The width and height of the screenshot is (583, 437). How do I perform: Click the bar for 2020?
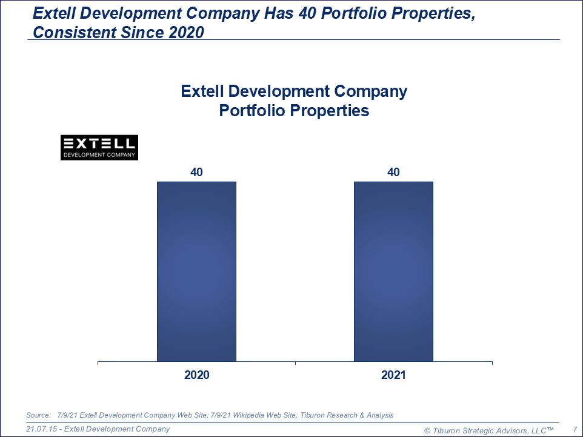point(196,271)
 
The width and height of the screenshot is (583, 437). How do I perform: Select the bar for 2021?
point(393,271)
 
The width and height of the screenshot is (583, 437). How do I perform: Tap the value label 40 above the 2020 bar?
point(196,172)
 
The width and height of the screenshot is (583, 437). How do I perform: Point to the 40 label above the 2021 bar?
point(393,172)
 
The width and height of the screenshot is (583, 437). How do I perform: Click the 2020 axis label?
point(196,375)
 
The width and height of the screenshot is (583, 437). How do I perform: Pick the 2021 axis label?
point(393,375)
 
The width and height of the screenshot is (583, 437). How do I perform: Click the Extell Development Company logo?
point(100,147)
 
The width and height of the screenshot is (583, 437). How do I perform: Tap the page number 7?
point(575,429)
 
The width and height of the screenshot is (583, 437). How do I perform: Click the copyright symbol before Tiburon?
point(427,430)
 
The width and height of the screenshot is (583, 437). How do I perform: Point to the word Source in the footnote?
point(38,415)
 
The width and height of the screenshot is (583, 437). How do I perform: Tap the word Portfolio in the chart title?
point(251,111)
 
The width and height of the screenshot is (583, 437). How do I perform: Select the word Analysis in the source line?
point(378,415)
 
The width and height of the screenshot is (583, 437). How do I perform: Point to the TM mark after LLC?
point(549,429)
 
